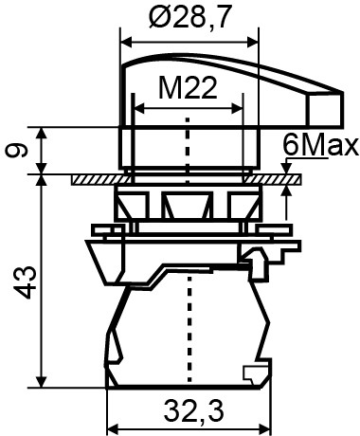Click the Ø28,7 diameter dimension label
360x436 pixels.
point(189,17)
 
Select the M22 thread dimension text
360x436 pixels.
point(188,88)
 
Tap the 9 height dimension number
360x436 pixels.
point(16,151)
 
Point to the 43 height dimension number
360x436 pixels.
point(24,282)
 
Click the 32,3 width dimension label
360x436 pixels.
point(193,410)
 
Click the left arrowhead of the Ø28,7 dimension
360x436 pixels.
point(126,42)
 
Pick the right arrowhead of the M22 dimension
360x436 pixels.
point(237,108)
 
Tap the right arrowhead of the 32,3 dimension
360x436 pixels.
point(265,429)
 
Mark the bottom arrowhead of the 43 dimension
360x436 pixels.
point(42,382)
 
